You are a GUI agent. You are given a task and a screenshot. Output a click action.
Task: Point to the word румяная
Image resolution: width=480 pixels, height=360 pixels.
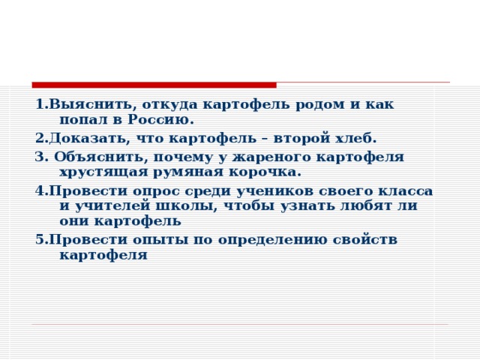191,172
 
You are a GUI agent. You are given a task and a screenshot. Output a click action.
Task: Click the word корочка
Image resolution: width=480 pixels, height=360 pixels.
268,172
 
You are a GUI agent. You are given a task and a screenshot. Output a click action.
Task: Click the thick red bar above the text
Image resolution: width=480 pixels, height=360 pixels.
154,85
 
